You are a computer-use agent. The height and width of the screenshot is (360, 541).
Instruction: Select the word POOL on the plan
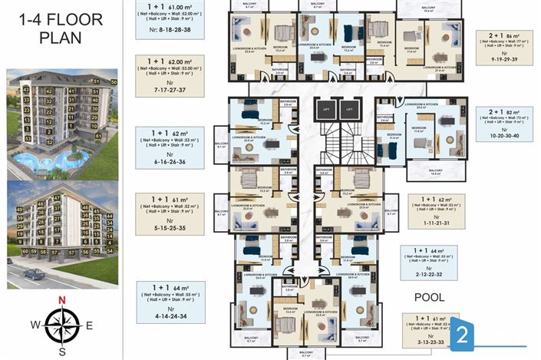click(430, 296)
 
